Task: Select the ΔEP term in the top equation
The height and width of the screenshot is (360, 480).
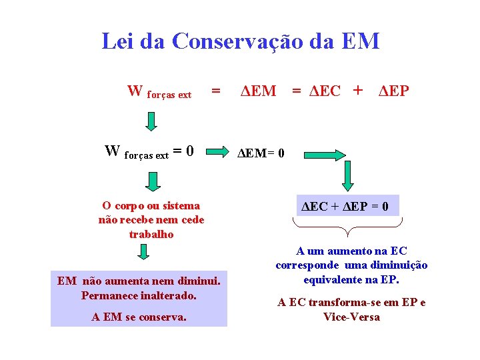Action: tap(393, 91)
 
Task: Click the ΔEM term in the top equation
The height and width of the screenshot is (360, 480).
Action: tap(258, 91)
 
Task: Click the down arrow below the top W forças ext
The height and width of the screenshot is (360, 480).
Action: tap(152, 121)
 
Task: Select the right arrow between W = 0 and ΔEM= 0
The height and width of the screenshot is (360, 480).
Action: tap(216, 153)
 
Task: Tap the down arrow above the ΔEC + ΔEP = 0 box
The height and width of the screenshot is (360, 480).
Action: tap(347, 177)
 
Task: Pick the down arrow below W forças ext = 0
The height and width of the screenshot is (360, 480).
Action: tap(153, 181)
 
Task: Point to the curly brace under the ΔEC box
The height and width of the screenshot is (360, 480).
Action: tap(347, 227)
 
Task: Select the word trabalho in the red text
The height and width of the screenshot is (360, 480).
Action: tap(151, 234)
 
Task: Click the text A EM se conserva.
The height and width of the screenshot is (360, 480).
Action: tap(139, 317)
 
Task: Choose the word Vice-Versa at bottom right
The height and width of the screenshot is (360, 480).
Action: tap(351, 317)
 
